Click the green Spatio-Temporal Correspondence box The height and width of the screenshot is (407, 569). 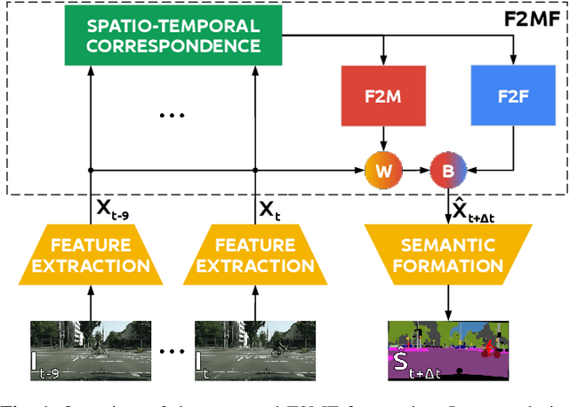pos(174,36)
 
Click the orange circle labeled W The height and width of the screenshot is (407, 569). pos(383,169)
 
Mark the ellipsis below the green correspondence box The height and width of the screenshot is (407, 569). pos(171,116)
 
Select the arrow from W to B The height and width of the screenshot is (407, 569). pos(415,169)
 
